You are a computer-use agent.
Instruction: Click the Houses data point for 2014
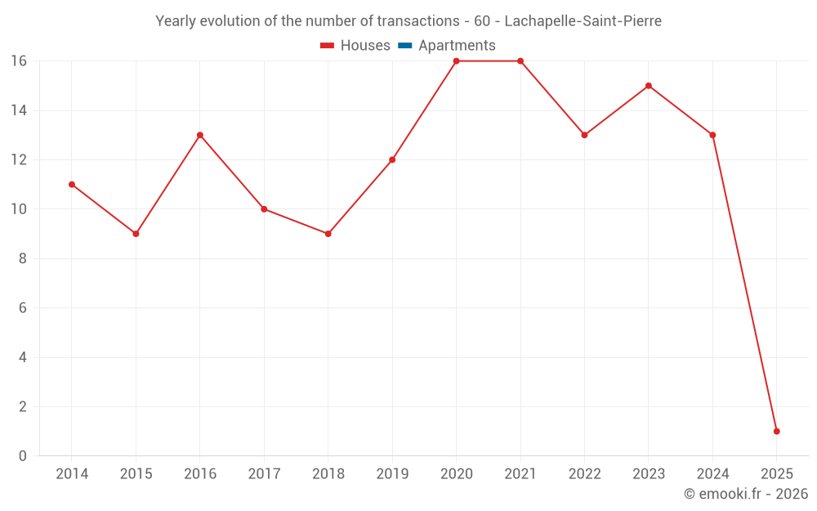[72, 185]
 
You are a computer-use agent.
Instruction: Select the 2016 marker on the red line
[200, 135]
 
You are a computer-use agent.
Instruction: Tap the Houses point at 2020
[456, 61]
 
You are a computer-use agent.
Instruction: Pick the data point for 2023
[649, 86]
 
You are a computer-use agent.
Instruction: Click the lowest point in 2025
[776, 431]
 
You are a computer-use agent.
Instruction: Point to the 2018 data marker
[328, 234]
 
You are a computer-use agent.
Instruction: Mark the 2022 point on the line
[584, 135]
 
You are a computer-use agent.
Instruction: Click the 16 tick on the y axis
[18, 61]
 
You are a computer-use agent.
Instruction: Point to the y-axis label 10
[18, 209]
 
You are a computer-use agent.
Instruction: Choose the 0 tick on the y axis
[22, 455]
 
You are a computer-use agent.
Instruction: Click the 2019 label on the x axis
[392, 473]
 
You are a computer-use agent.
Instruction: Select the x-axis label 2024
[712, 473]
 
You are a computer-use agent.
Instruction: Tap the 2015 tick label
[136, 473]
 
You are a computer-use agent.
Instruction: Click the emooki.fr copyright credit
[745, 494]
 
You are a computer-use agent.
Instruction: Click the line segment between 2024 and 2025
[744, 283]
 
